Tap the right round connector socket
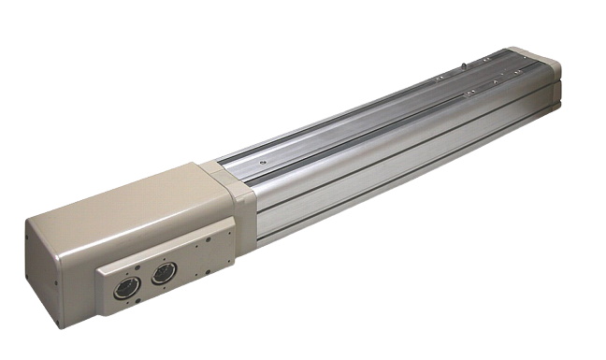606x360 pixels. pos(163,274)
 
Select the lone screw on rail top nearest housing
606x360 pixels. pos(263,161)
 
